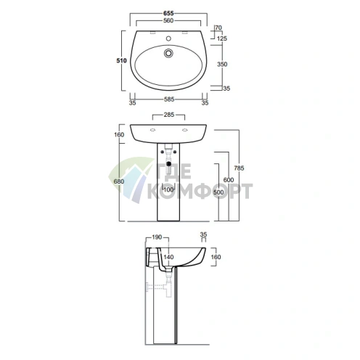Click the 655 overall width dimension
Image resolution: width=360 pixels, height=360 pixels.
[168, 14]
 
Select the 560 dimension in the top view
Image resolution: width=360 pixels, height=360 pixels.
[168, 21]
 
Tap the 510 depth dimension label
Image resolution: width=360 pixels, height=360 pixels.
[121, 60]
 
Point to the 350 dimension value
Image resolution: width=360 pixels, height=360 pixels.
[222, 64]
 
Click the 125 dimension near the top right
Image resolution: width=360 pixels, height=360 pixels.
[222, 38]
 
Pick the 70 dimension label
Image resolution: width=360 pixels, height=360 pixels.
[218, 28]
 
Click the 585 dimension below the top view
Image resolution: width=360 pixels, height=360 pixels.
[169, 99]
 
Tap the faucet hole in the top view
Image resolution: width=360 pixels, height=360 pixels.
[168, 38]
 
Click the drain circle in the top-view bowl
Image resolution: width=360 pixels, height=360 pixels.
[168, 53]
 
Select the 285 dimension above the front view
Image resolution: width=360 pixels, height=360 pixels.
[168, 115]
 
